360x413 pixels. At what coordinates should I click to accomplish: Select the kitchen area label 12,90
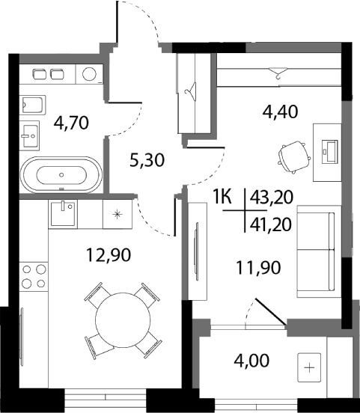pyautogui.click(x=108, y=255)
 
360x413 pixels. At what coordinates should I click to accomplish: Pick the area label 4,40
pyautogui.click(x=278, y=114)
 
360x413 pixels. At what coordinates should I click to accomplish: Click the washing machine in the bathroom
pyautogui.click(x=90, y=73)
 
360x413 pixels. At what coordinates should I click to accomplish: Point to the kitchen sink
pyautogui.click(x=61, y=214)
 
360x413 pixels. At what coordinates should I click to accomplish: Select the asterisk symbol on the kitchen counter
pyautogui.click(x=116, y=214)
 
